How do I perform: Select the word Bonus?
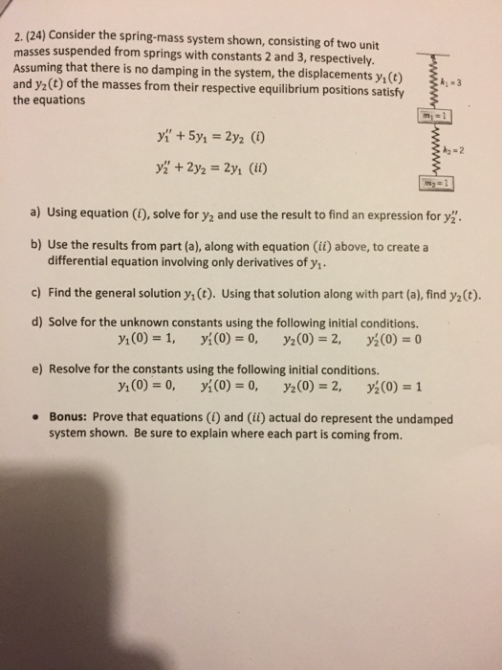point(73,418)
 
